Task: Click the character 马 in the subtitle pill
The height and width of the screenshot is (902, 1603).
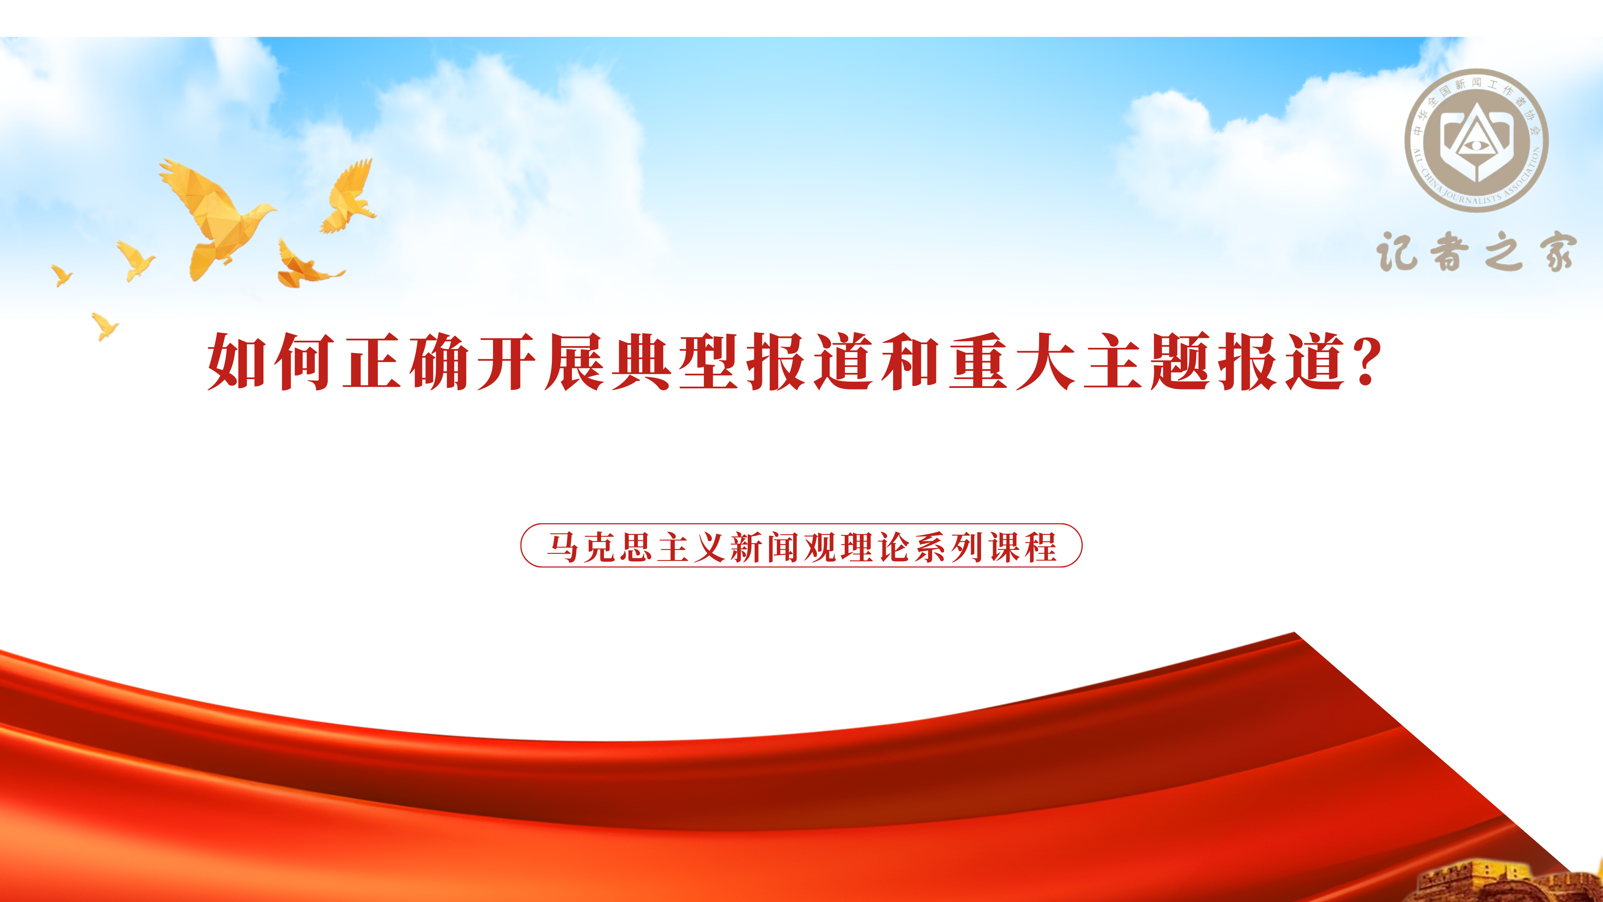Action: (563, 547)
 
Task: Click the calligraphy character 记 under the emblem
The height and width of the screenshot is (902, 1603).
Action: (1396, 252)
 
